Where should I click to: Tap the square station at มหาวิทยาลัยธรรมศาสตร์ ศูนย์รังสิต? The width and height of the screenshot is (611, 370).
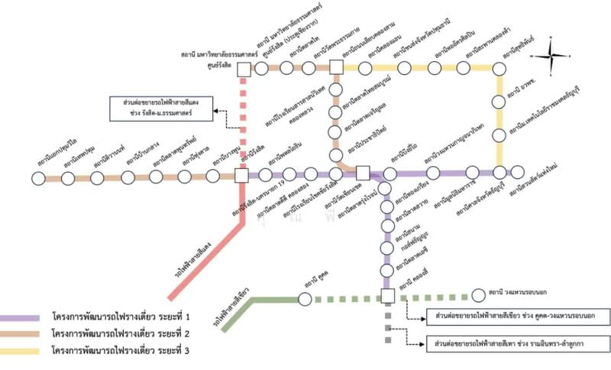pos(244,70)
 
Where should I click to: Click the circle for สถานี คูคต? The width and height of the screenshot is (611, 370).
pos(305,298)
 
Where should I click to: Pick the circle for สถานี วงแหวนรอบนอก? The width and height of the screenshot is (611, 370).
pos(478,293)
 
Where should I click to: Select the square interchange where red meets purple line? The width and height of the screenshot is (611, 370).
pos(241,175)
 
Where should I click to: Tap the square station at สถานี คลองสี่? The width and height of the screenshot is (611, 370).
pos(387,296)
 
